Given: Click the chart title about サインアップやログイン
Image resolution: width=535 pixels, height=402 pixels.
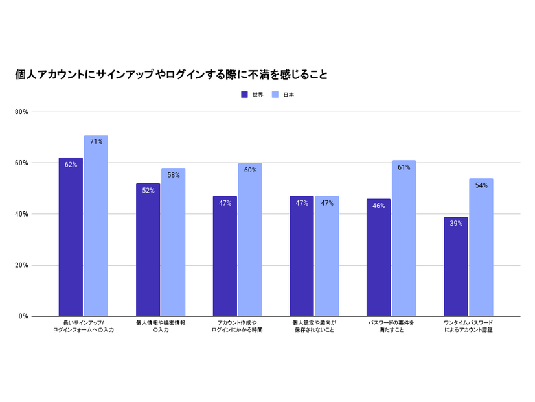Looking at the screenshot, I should point(171,75).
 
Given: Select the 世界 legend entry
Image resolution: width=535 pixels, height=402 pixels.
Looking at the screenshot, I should point(253,95).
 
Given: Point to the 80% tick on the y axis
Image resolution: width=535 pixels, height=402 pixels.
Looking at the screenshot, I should point(21,112).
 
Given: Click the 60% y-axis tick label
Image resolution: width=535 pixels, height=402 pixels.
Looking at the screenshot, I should point(21,163).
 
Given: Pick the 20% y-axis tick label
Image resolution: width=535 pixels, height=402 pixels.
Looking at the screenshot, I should point(21,265).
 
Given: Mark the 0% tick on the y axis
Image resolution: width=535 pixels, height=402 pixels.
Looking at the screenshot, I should point(23,316).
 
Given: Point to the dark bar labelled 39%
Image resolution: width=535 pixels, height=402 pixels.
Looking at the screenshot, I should point(456,266).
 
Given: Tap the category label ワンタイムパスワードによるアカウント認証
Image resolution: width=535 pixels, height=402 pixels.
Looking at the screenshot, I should point(468,327).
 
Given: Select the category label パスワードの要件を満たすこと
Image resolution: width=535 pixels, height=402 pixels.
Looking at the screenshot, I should point(391,327).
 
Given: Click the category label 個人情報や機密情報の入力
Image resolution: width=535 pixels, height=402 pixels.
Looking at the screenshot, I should point(161,327).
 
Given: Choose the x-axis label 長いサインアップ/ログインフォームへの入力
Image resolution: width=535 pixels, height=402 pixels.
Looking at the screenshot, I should point(84,327).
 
